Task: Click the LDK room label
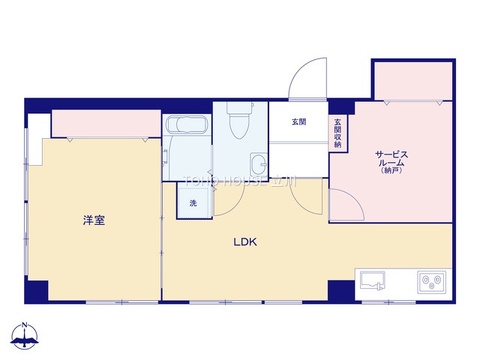[246, 241]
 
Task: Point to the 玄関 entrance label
[299, 122]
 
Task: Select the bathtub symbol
[186, 126]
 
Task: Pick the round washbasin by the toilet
[259, 163]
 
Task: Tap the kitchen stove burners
[434, 281]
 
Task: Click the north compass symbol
[25, 337]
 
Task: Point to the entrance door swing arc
[307, 79]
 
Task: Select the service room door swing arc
[346, 206]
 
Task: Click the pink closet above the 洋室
[107, 124]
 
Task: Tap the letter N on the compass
[25, 324]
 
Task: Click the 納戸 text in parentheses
[390, 171]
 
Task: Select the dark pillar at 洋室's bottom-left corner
[37, 292]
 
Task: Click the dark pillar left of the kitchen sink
[343, 290]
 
